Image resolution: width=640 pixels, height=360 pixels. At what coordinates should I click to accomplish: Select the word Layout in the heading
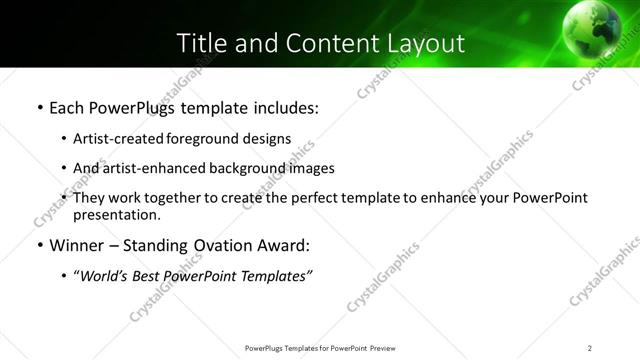(429, 43)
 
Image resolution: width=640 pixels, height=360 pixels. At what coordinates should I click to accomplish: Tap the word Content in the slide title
(329, 43)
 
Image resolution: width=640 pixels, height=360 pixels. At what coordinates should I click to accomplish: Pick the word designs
(267, 139)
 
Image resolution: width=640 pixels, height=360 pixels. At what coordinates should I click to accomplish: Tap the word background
(241, 168)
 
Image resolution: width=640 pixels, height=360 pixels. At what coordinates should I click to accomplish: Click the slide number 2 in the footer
(590, 348)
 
